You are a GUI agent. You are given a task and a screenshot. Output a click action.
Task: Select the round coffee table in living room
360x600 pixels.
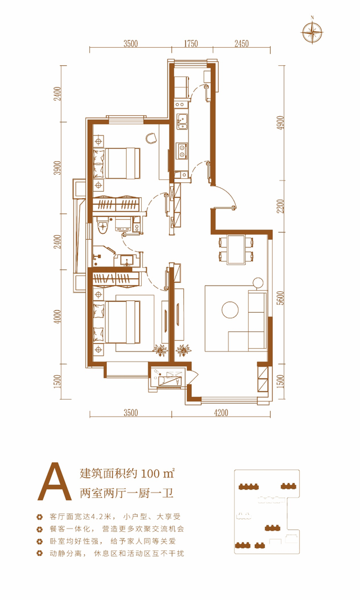[230, 310]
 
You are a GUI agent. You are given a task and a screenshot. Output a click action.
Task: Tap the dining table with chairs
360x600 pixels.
[236, 249]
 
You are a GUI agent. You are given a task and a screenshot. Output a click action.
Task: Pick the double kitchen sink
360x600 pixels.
[183, 119]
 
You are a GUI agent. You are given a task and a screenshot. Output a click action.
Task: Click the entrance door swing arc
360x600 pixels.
[226, 198]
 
